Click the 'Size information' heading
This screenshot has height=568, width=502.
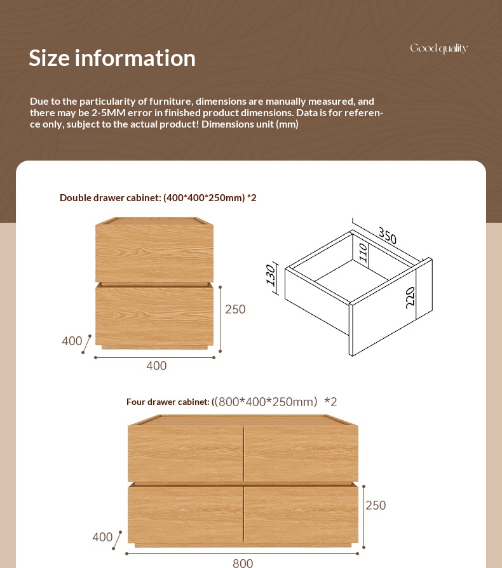tap(112, 58)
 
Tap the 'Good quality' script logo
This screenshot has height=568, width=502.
tap(438, 49)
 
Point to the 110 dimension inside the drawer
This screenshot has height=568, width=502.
tap(363, 253)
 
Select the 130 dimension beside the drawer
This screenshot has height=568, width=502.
tap(271, 275)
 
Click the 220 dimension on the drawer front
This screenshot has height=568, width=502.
tap(410, 298)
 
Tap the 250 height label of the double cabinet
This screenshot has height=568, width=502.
tap(235, 309)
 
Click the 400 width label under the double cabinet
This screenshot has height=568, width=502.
tap(156, 366)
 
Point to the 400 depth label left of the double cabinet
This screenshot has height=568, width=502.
tap(72, 341)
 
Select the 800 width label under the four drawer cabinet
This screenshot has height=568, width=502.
tap(243, 563)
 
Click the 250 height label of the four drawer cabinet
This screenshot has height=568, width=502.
tap(376, 505)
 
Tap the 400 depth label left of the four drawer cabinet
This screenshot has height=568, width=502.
tap(102, 538)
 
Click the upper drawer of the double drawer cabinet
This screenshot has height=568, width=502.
tap(154, 253)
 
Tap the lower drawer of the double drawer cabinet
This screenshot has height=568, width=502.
tap(154, 315)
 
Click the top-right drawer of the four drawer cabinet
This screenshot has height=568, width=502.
tap(301, 453)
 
